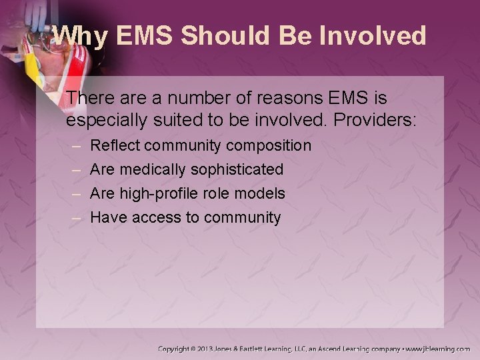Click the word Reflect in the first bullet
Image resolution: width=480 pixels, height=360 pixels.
[x=113, y=145]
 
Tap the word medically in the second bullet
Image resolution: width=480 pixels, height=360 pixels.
[x=152, y=169]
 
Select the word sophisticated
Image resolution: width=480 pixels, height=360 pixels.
[x=237, y=169]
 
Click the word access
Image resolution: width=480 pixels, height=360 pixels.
[x=158, y=217]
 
